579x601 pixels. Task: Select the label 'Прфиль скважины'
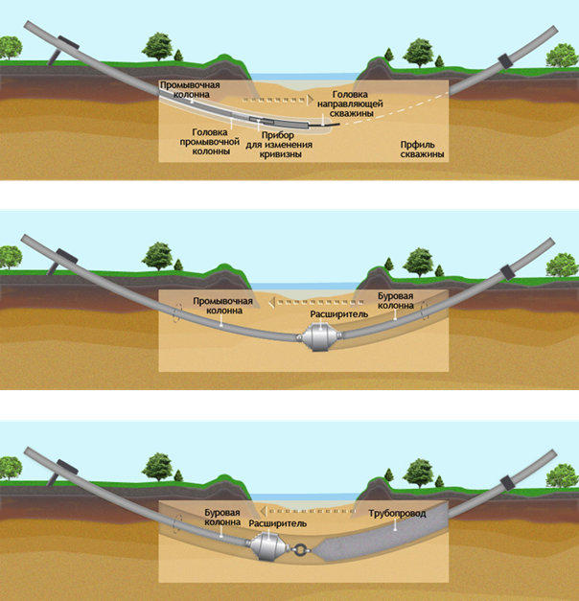422,149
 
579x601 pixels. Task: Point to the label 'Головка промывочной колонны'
211,141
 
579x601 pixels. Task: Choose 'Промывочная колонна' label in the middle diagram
222,305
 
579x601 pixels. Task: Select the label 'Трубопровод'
398,515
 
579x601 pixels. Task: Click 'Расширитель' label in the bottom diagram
277,525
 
